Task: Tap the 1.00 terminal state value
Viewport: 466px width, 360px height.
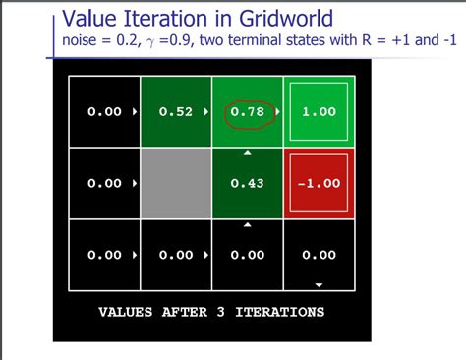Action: coord(318,112)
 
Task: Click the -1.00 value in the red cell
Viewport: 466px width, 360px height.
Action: coord(318,184)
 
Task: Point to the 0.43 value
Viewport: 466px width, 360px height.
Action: coord(246,184)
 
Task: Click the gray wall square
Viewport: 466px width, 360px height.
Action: coord(175,183)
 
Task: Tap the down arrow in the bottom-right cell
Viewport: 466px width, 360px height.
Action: coord(318,284)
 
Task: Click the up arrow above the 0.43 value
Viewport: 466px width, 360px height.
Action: coord(247,154)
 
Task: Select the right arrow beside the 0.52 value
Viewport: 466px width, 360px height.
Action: coord(204,112)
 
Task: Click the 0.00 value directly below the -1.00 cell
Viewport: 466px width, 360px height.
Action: coord(318,255)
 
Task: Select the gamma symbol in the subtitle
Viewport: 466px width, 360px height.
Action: coord(153,42)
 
